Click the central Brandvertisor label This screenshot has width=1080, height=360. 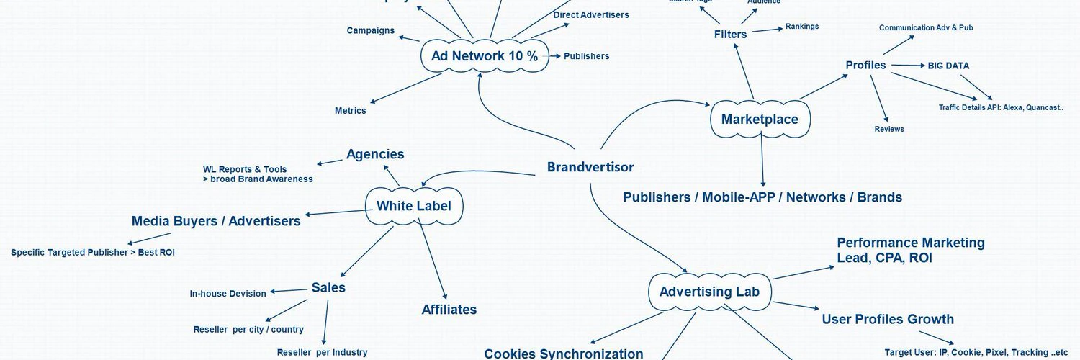[x=590, y=167]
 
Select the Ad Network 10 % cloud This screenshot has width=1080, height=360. [x=484, y=56]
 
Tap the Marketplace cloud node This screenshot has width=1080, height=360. [x=760, y=120]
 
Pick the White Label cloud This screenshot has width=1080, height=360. [x=414, y=206]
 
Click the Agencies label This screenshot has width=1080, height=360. [x=375, y=154]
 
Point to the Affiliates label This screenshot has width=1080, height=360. [x=449, y=310]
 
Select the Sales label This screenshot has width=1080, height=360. [x=328, y=287]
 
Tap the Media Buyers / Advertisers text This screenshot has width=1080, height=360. [x=216, y=221]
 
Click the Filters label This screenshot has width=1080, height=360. [x=730, y=35]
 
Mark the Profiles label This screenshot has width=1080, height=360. [x=865, y=66]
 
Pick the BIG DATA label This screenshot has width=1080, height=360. [x=948, y=66]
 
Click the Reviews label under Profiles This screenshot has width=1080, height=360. [x=889, y=129]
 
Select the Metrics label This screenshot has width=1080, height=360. [x=351, y=111]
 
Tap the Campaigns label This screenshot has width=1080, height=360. [x=370, y=30]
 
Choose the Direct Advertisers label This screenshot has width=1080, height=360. [x=590, y=14]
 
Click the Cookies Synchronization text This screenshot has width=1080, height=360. [x=564, y=354]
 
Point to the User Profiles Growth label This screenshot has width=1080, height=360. [x=888, y=319]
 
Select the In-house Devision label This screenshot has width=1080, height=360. [x=228, y=294]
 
